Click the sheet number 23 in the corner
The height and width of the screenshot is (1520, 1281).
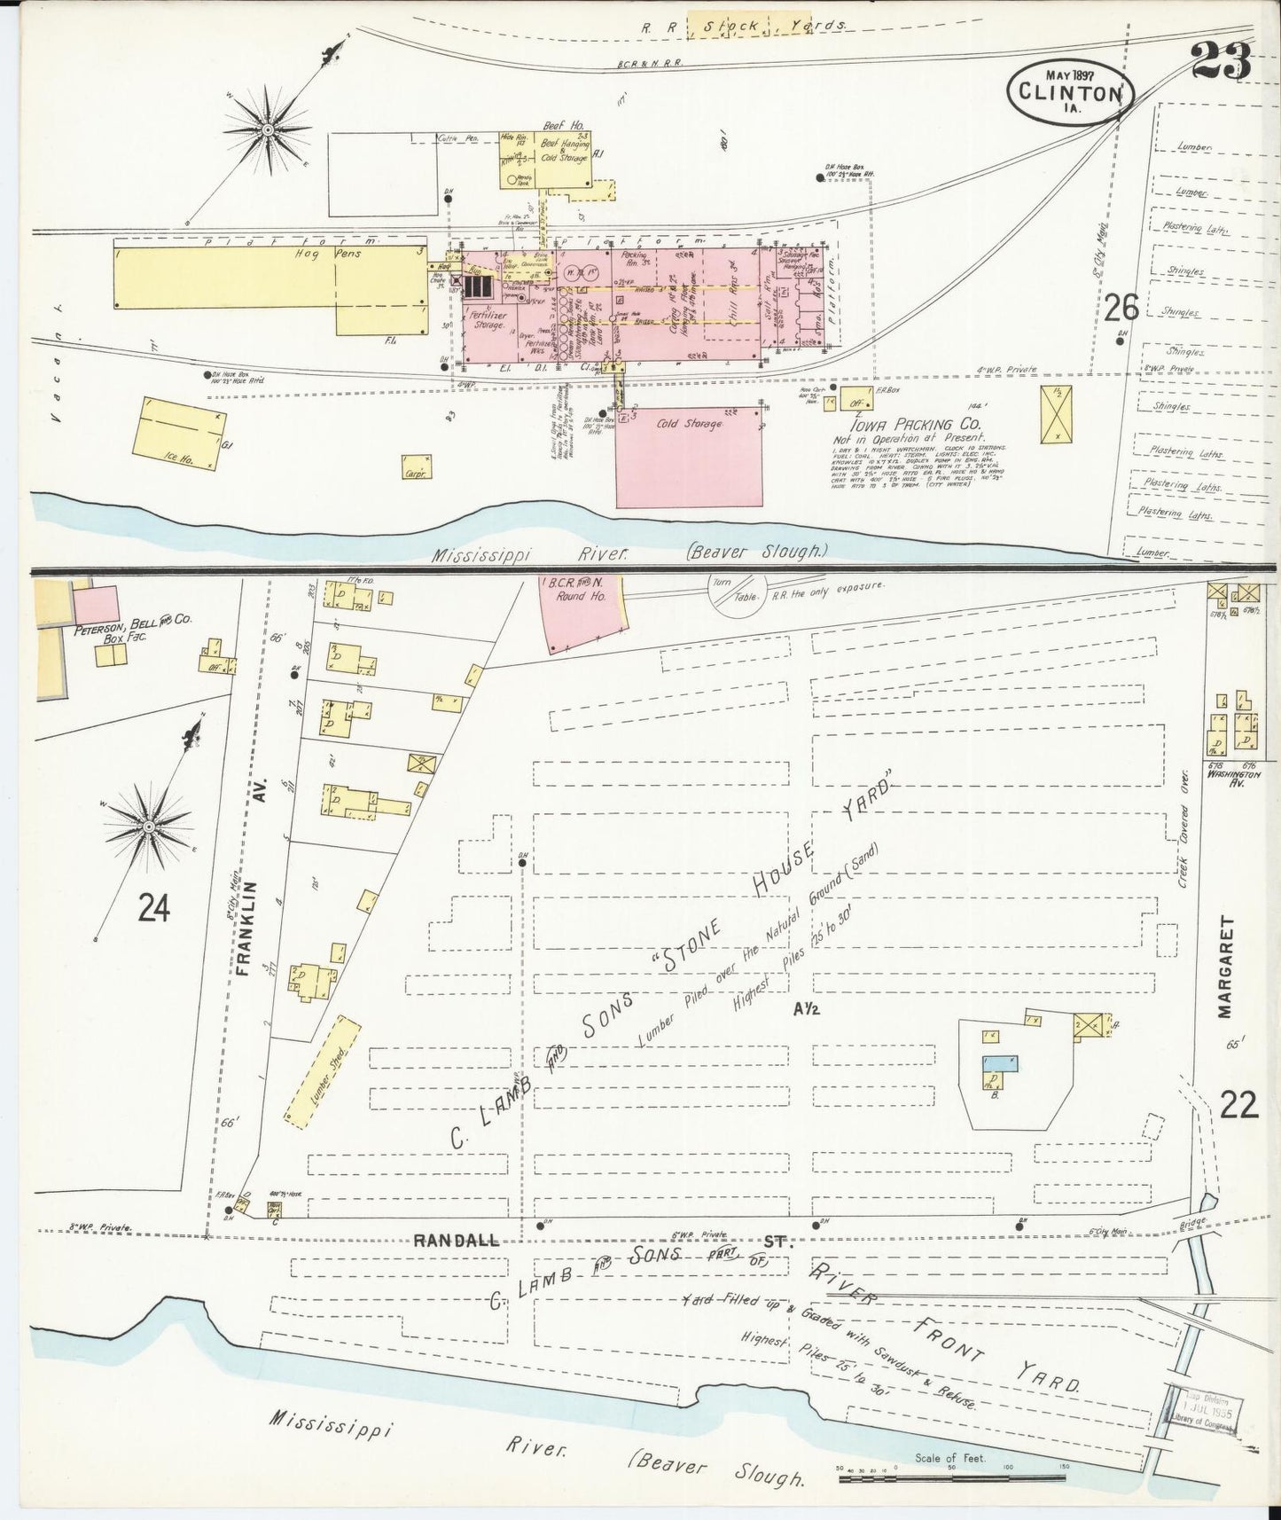(1221, 60)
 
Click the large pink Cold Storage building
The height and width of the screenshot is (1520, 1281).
(689, 457)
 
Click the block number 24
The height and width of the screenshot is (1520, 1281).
(153, 908)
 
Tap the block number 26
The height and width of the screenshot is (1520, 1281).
(1121, 308)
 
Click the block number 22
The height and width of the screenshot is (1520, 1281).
(1239, 1105)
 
